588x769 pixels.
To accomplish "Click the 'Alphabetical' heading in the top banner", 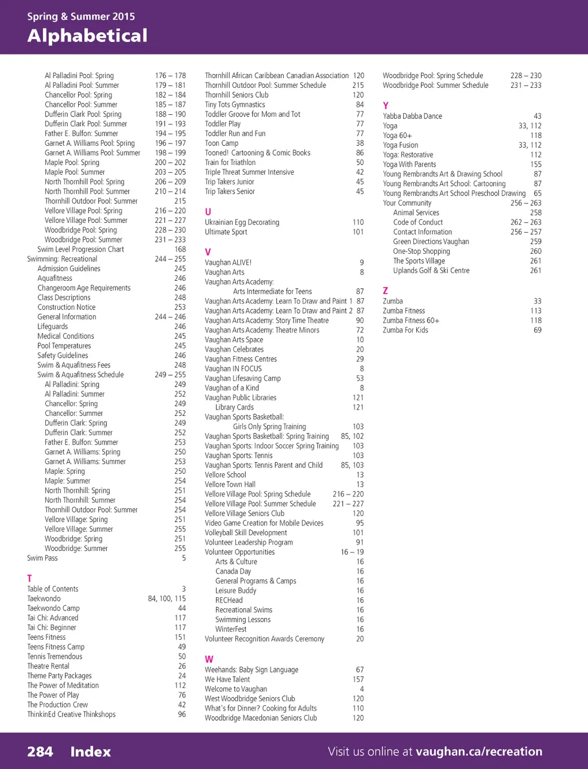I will (x=87, y=36).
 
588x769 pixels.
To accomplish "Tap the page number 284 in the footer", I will (x=40, y=752).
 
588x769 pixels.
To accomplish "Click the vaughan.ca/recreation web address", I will (x=479, y=752).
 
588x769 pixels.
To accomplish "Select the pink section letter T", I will (x=29, y=578).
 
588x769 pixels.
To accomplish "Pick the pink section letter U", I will (x=208, y=212).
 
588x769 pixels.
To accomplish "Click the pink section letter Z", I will (x=385, y=291).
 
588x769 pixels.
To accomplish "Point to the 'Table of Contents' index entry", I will (x=53, y=589).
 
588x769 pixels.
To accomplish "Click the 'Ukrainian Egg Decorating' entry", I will (x=242, y=222).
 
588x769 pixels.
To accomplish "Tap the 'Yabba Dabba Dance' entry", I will (x=412, y=116).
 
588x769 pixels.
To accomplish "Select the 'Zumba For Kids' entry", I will (x=405, y=330).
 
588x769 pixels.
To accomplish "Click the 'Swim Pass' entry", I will (x=42, y=558).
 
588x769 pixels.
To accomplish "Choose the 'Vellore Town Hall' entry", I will (x=230, y=484).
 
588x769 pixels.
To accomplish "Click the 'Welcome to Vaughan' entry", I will (x=235, y=689).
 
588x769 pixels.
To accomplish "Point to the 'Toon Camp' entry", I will (x=221, y=143).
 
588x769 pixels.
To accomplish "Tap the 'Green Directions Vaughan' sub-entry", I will (x=431, y=242).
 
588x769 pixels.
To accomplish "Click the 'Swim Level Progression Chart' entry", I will (x=80, y=249).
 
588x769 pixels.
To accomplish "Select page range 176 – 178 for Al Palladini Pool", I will (x=170, y=75).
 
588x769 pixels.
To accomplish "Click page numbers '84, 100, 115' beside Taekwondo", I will (x=167, y=598).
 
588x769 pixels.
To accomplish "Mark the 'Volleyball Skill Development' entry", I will (x=246, y=532).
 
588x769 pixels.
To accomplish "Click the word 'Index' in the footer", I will (x=90, y=752).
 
